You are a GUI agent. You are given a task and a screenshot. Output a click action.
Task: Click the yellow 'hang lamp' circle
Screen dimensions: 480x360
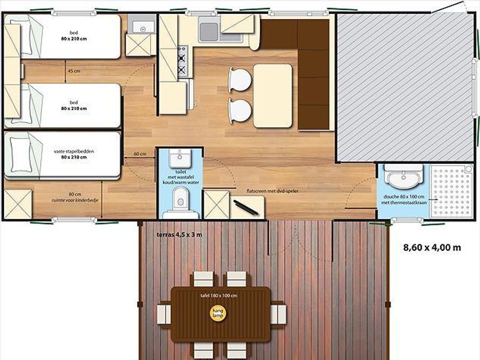tap(218, 313)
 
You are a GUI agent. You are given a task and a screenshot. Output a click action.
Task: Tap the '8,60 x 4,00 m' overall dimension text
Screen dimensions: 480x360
tap(432, 247)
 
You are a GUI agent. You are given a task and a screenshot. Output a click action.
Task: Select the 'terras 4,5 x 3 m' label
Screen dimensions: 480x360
tap(179, 235)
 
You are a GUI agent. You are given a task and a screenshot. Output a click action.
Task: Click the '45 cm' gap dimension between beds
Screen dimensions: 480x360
tap(74, 71)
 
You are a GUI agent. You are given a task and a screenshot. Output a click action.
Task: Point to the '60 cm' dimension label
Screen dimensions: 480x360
tap(140, 153)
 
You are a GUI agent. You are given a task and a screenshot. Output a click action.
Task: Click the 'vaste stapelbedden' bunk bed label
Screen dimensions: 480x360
tap(74, 151)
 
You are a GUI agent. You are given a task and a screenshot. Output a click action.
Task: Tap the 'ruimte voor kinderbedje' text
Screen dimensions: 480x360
tap(75, 200)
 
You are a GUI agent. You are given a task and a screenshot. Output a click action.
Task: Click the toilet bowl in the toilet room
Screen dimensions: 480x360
tap(180, 199)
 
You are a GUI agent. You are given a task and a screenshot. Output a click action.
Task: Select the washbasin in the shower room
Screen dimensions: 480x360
tap(403, 177)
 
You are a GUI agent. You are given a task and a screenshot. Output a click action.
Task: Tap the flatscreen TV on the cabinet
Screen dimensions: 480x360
tap(245, 208)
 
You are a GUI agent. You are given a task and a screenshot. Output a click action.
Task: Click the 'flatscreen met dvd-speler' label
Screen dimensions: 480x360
tap(272, 191)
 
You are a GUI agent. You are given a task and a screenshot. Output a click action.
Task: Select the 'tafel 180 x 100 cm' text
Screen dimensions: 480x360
tap(218, 295)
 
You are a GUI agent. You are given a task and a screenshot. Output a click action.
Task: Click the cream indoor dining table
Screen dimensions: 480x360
tap(273, 95)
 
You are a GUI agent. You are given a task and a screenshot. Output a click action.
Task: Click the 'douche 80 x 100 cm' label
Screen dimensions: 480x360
tap(404, 196)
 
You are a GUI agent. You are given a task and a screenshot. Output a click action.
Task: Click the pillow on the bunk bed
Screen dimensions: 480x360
tap(21, 154)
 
